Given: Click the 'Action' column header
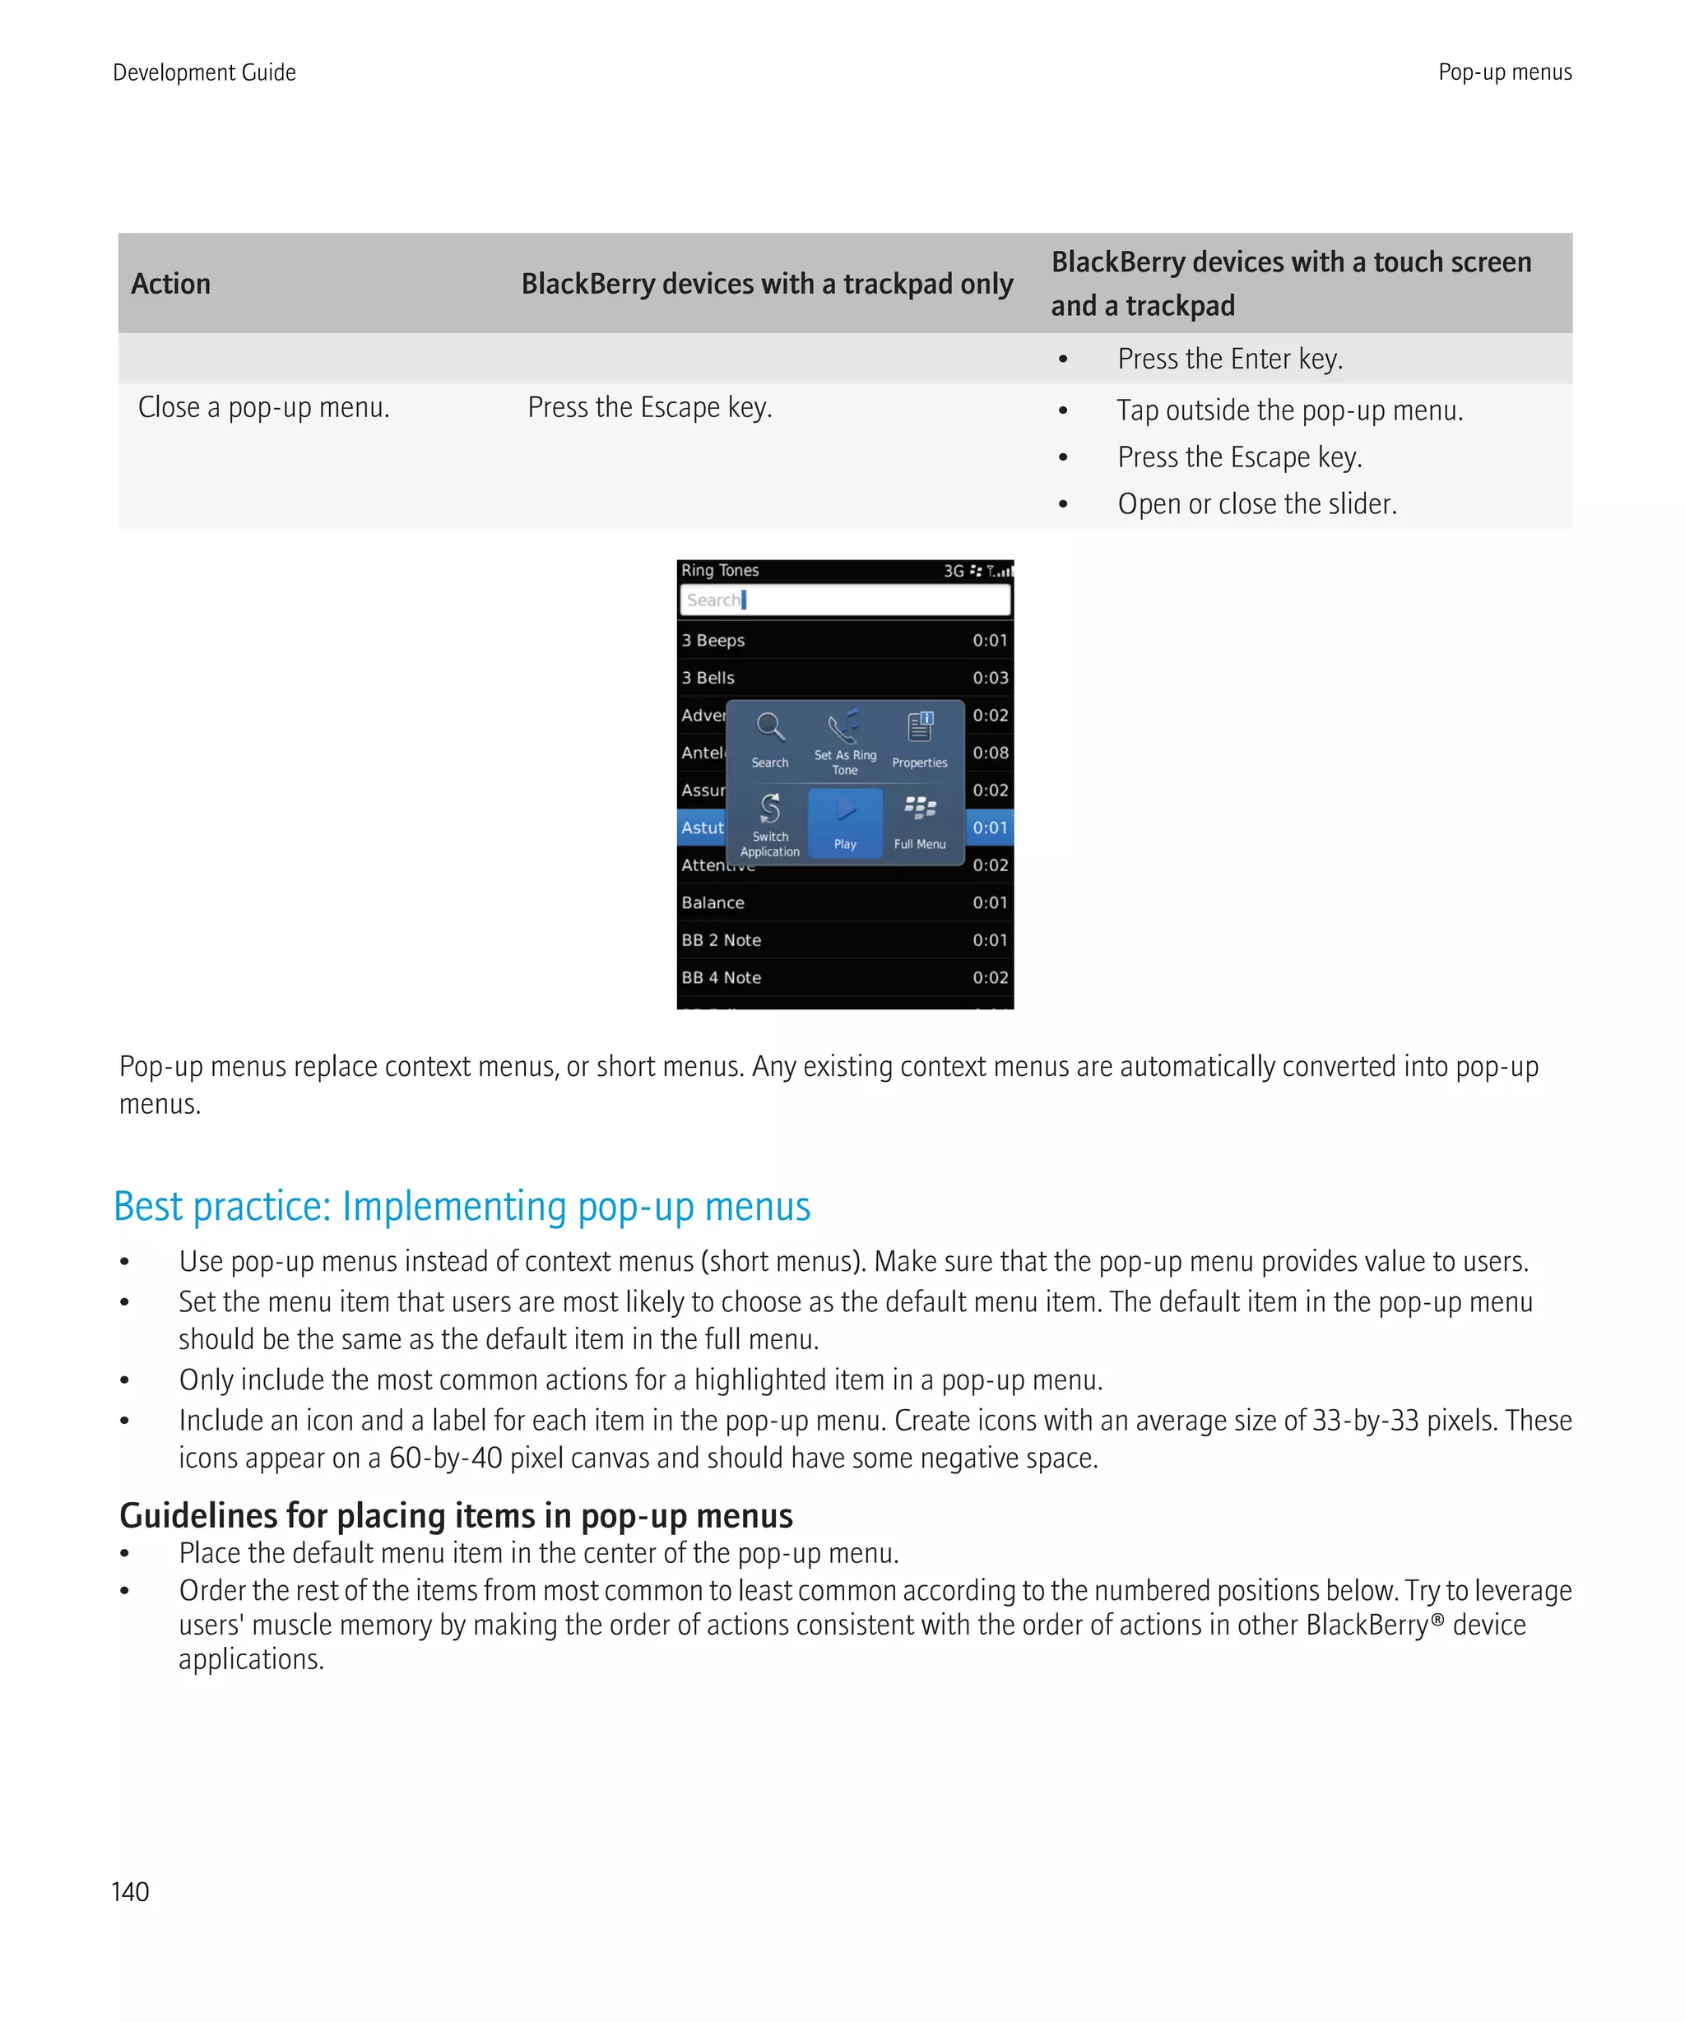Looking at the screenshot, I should click(170, 284).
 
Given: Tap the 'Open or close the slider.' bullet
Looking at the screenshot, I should click(1256, 503).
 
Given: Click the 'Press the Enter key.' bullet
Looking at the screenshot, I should click(1228, 359).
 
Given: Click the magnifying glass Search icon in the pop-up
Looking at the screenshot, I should click(769, 728).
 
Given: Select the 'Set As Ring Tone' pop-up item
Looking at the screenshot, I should click(844, 741).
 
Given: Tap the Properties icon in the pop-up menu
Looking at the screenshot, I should click(920, 727).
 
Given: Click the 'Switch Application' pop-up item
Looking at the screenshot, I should click(769, 823).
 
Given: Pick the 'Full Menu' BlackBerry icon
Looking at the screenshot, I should click(920, 809).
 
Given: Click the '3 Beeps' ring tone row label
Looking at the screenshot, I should click(713, 640).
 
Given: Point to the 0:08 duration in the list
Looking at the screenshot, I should click(990, 753).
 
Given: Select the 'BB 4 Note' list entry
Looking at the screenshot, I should click(722, 977).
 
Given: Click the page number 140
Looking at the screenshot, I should click(130, 1892).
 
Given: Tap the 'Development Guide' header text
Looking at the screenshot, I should click(204, 72).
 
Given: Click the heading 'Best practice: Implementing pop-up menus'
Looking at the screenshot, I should click(462, 1207).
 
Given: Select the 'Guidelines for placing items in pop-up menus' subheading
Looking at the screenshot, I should click(456, 1515).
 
